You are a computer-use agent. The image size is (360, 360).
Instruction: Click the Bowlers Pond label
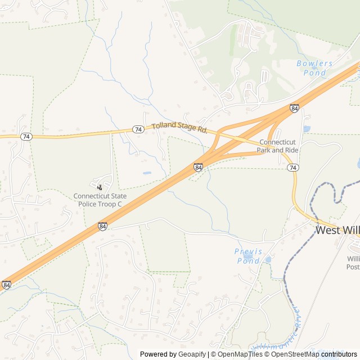(x=314, y=68)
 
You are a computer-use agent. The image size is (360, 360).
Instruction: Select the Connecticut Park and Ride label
(x=277, y=146)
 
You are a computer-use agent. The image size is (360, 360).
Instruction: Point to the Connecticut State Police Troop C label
(x=100, y=200)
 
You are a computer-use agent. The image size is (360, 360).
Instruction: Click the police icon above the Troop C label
(x=100, y=186)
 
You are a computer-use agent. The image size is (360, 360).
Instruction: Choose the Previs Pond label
(x=247, y=256)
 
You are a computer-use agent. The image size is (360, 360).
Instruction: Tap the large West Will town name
(x=337, y=230)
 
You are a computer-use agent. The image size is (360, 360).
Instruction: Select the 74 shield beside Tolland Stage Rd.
(x=138, y=129)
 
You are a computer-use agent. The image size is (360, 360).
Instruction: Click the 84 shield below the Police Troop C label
(x=102, y=226)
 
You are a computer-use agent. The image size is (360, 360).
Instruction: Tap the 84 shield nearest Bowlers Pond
(x=294, y=107)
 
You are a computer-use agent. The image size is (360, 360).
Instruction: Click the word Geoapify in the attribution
(x=193, y=354)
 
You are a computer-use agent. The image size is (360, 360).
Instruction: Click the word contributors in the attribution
(x=339, y=354)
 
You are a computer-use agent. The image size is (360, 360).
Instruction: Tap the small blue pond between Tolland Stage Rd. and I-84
(x=147, y=173)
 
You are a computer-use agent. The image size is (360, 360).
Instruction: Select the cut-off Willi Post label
(x=353, y=263)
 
